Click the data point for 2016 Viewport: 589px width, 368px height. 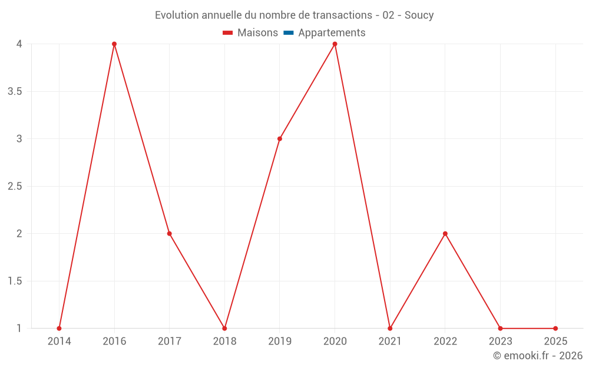(x=114, y=44)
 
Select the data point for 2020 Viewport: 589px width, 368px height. (x=335, y=44)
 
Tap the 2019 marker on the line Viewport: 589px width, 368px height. (x=280, y=139)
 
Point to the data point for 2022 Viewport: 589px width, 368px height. (x=445, y=234)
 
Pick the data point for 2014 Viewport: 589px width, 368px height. (x=59, y=329)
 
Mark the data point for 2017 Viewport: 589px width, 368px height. (x=169, y=234)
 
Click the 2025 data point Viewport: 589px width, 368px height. (x=555, y=329)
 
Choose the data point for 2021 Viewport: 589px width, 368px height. (x=390, y=329)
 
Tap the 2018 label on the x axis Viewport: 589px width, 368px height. (x=224, y=341)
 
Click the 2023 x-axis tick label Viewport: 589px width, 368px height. (x=500, y=341)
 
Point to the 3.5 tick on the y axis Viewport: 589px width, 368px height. (x=15, y=91)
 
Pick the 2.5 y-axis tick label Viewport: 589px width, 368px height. (x=15, y=186)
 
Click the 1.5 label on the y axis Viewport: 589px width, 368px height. (x=15, y=281)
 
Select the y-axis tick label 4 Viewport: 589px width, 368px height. (x=19, y=44)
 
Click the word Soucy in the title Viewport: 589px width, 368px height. (x=419, y=15)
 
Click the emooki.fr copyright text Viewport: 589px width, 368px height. (x=538, y=356)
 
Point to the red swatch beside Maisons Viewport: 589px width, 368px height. (x=228, y=33)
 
